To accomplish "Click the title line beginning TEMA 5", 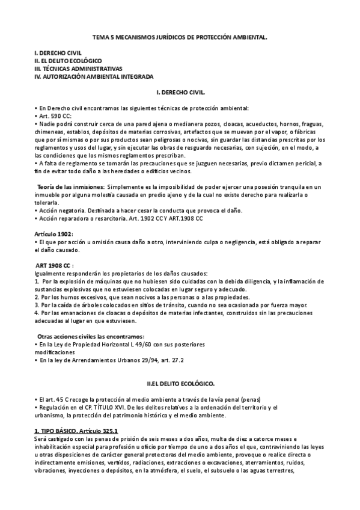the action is point(180,37).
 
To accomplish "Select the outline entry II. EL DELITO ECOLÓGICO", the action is point(68,61).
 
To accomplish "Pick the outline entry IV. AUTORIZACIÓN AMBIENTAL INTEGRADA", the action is point(94,76).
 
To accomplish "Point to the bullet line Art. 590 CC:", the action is point(54,116).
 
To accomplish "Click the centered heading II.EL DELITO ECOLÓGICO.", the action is point(180,383).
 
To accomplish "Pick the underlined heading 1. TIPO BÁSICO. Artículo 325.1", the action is point(76,431).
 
